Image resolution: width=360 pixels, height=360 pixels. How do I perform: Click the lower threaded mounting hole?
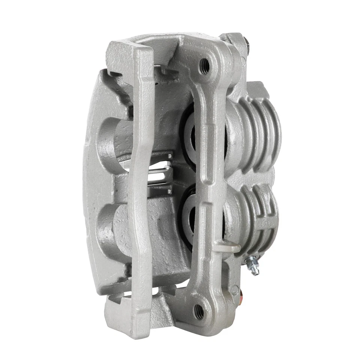tap(199, 310)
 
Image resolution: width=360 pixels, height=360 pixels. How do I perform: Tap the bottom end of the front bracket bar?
tap(127, 315)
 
